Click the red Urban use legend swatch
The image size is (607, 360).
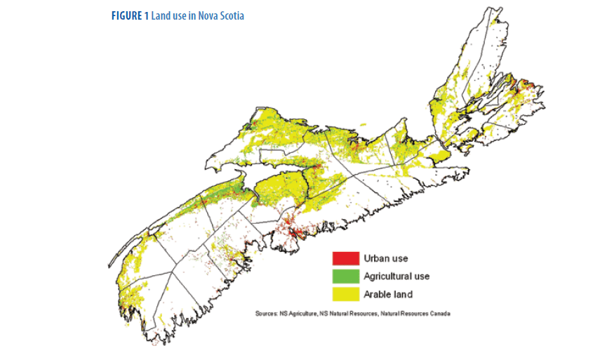pyautogui.click(x=345, y=258)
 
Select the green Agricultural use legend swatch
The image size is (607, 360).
pyautogui.click(x=345, y=276)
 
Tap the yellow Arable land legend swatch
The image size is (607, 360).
pyautogui.click(x=345, y=293)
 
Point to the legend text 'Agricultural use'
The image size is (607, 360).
pyautogui.click(x=396, y=276)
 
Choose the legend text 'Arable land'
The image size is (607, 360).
pyautogui.click(x=388, y=293)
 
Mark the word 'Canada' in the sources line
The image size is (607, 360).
pyautogui.click(x=439, y=313)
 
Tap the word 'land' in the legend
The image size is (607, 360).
pyautogui.click(x=403, y=293)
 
